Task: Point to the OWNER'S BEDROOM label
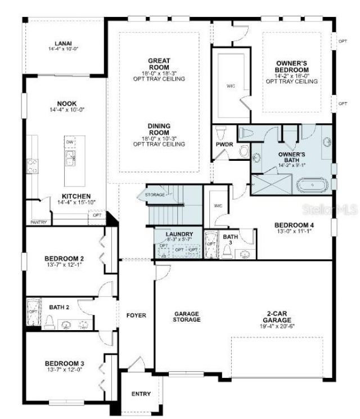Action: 291,67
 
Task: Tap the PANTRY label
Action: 38,222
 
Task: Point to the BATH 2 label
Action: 59,307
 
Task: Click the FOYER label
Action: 136,316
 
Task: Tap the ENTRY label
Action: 141,394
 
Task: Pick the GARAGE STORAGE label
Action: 187,317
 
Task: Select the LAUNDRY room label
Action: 178,234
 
